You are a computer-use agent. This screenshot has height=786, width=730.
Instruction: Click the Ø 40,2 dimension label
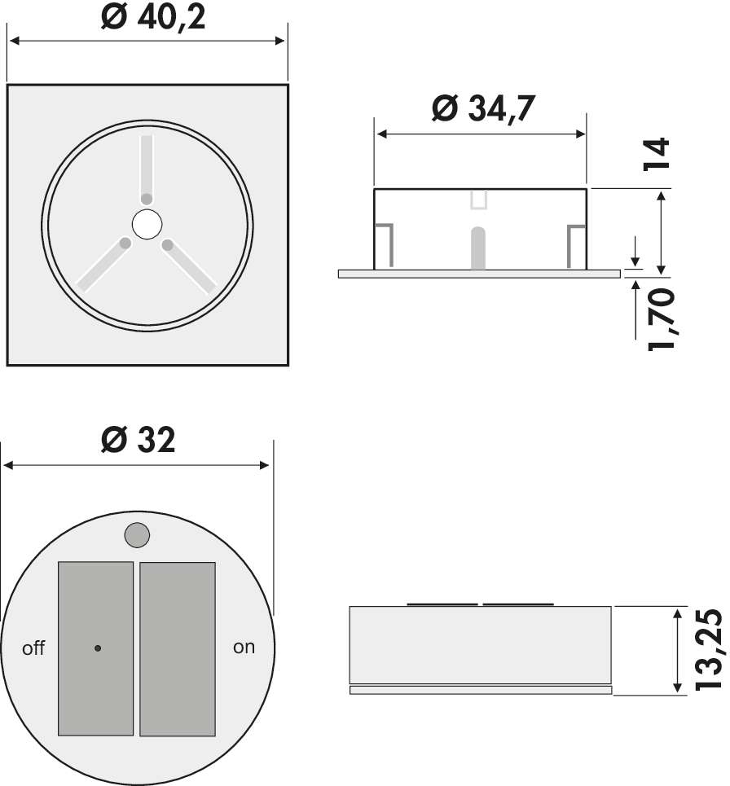pyautogui.click(x=153, y=19)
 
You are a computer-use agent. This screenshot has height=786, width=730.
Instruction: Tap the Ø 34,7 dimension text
pyautogui.click(x=483, y=108)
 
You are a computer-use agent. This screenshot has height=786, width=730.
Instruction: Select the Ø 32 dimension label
pyautogui.click(x=139, y=440)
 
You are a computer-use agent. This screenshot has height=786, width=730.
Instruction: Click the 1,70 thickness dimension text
pyautogui.click(x=662, y=318)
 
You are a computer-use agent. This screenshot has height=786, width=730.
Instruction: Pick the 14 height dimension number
pyautogui.click(x=657, y=155)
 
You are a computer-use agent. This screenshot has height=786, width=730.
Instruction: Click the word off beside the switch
pyautogui.click(x=33, y=648)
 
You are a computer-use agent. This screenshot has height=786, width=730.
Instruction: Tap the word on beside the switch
pyautogui.click(x=244, y=648)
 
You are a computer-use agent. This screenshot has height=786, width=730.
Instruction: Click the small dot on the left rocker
pyautogui.click(x=98, y=648)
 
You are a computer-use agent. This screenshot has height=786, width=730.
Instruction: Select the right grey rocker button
pyautogui.click(x=178, y=648)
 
